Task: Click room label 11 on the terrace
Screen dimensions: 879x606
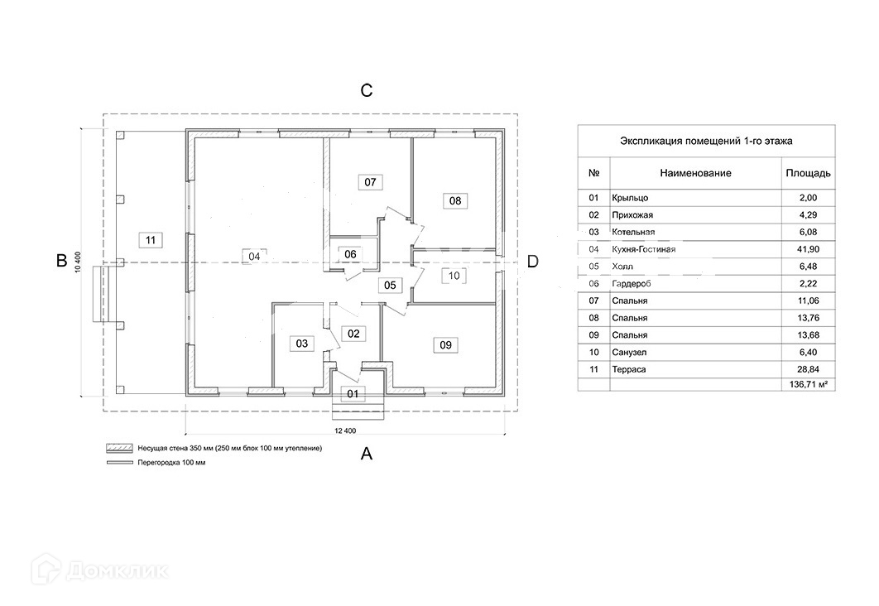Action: [x=150, y=240]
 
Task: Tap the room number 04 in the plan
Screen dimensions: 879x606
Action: [x=255, y=257]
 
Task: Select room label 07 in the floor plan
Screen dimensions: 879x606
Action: [x=370, y=181]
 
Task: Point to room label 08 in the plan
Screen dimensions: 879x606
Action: [x=455, y=200]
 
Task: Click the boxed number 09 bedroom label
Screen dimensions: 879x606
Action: [x=445, y=346]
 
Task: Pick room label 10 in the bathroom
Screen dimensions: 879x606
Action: [x=454, y=276]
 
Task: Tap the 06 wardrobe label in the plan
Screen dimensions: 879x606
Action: [x=351, y=254]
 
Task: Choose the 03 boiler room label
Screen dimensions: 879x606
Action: [x=302, y=343]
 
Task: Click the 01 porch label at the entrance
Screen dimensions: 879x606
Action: [x=353, y=394]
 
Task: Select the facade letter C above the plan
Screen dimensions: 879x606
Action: [x=367, y=90]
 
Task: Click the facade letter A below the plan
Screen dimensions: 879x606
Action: [x=367, y=454]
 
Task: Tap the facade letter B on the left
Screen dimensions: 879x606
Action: [x=61, y=261]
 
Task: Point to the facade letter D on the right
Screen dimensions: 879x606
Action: [x=533, y=262]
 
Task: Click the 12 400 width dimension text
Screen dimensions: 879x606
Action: [x=345, y=431]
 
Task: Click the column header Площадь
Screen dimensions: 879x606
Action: [x=807, y=173]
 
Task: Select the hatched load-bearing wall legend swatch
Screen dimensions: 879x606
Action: [x=119, y=448]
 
